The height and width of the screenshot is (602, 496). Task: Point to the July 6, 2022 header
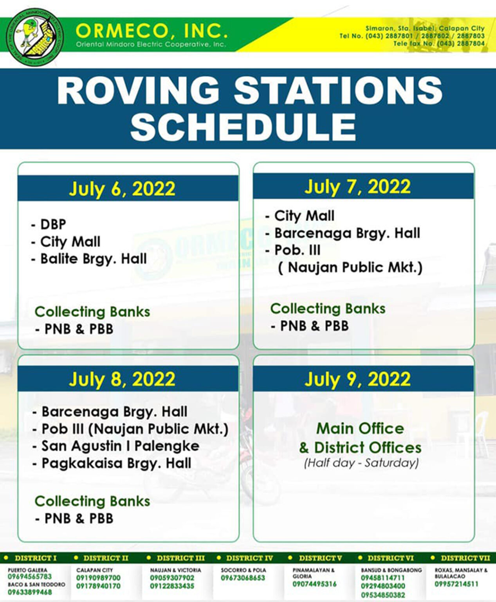[x=122, y=189]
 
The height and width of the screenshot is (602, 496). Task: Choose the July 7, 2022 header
[x=357, y=187]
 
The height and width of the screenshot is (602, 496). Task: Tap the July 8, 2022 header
[x=122, y=379]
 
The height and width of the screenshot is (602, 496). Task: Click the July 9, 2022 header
[x=357, y=379]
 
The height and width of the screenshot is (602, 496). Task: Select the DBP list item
[x=49, y=224]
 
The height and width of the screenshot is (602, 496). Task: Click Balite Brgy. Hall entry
[x=89, y=259]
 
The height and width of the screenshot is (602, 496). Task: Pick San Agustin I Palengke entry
[x=116, y=446]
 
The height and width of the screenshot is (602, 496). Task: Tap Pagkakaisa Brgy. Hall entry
[x=112, y=463]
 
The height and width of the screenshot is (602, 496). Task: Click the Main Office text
[x=360, y=428]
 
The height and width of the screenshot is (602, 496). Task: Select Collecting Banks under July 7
[x=328, y=308]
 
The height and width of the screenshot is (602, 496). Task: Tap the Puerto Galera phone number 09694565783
[x=30, y=577]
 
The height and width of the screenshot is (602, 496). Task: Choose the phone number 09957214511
[x=456, y=584]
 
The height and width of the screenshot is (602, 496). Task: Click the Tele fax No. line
[x=439, y=44]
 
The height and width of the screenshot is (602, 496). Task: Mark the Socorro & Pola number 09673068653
[x=243, y=578]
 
